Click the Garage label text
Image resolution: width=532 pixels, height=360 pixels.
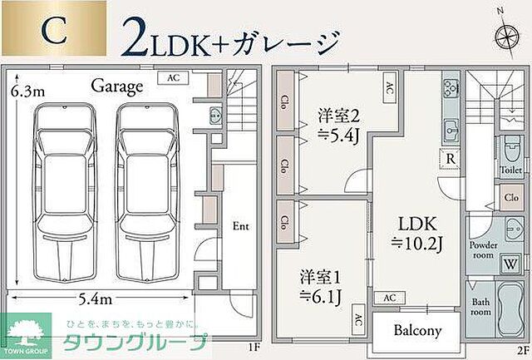[x=117, y=85]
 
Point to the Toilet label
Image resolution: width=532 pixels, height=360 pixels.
[x=511, y=168]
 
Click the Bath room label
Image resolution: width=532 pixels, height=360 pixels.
[x=480, y=307]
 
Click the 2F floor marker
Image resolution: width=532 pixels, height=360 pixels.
[x=522, y=350]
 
